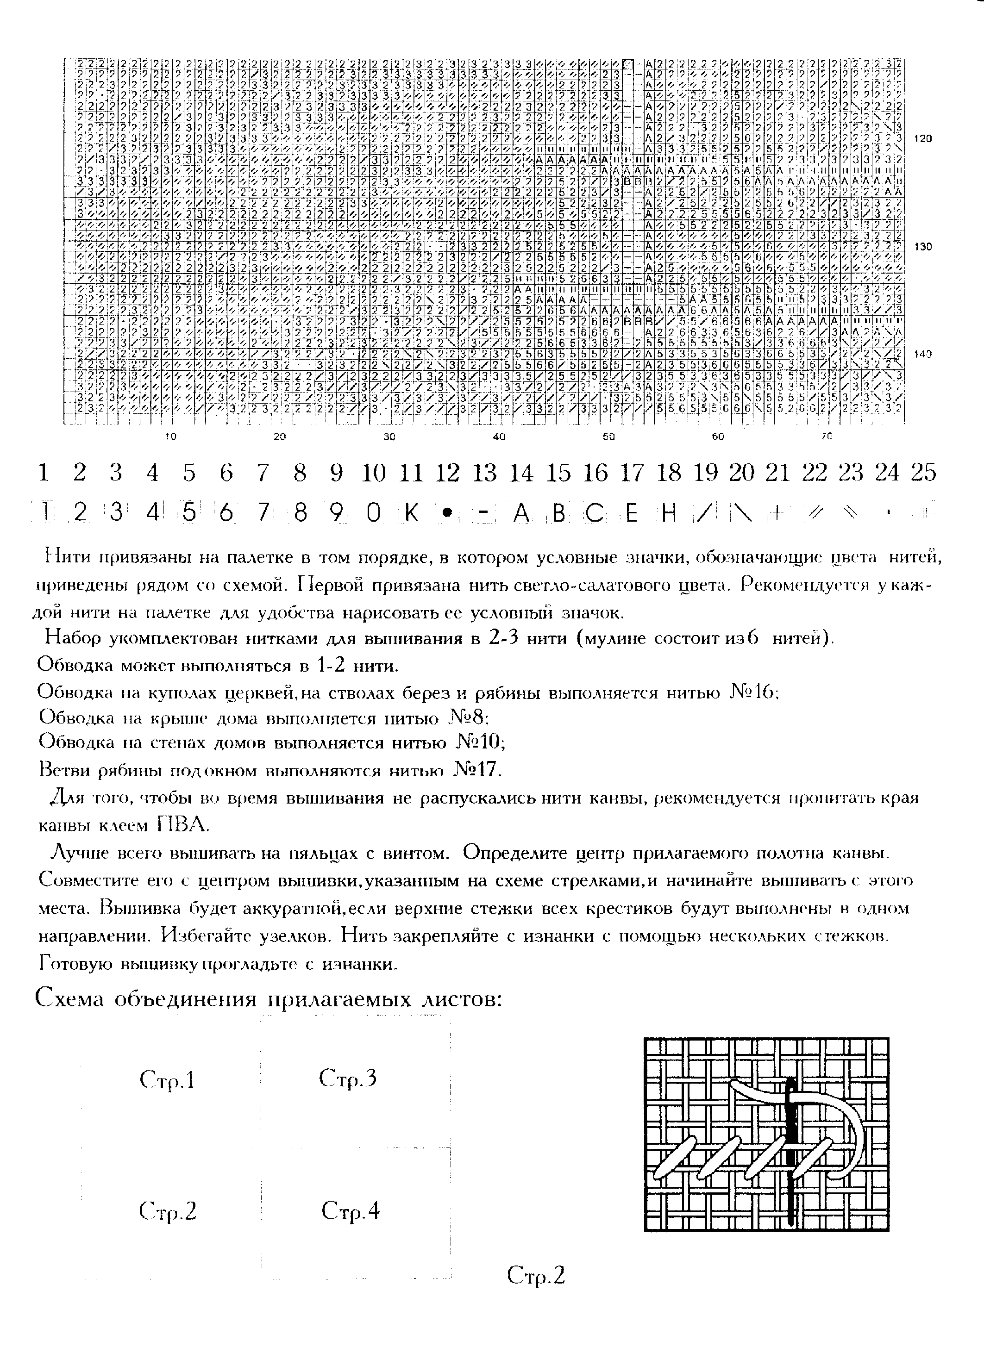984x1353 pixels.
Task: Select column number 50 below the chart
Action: coord(608,436)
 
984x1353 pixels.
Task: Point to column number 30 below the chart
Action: coord(389,436)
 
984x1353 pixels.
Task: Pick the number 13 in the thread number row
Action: coord(484,473)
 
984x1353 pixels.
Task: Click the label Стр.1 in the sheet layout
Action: coord(167,1080)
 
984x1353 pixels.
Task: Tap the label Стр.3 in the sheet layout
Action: coord(348,1078)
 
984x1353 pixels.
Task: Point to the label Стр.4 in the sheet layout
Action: coord(350,1211)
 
